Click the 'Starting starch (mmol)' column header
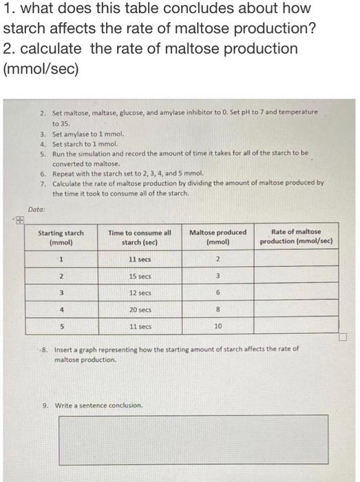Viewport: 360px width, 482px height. click(x=61, y=237)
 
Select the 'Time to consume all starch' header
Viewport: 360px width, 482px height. click(x=140, y=237)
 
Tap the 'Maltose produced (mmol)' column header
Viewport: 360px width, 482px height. click(x=218, y=237)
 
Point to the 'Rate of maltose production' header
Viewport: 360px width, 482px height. click(x=296, y=237)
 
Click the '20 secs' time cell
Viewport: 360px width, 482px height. click(x=140, y=310)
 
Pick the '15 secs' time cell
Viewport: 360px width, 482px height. click(x=140, y=275)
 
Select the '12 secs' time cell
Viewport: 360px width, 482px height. click(x=140, y=293)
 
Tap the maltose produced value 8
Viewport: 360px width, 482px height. click(x=218, y=310)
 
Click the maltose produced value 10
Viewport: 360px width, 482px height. click(x=218, y=326)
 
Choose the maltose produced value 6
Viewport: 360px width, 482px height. click(x=218, y=293)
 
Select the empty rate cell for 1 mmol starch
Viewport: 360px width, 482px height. click(x=296, y=259)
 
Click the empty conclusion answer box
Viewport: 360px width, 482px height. click(x=200, y=438)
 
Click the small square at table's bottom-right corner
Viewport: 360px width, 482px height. click(x=343, y=337)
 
